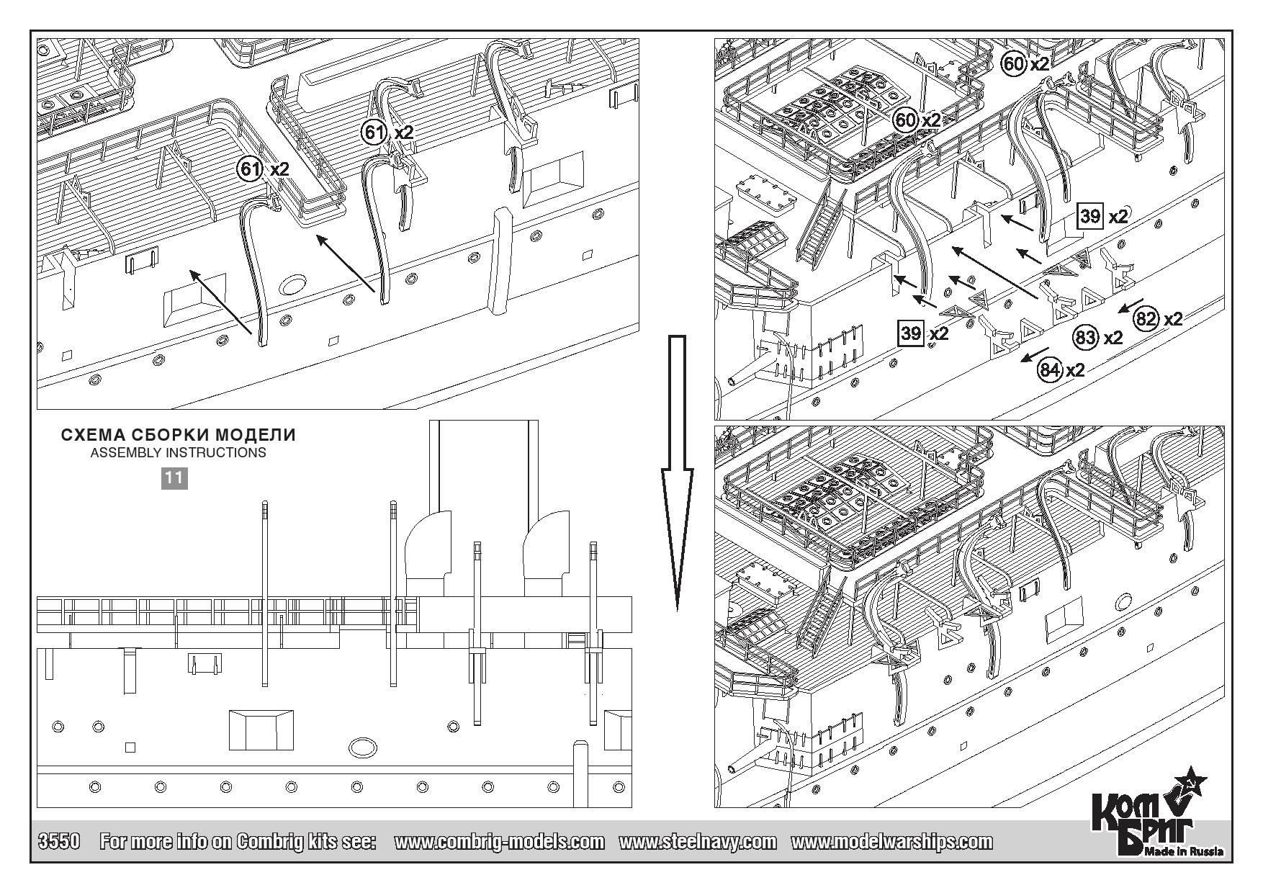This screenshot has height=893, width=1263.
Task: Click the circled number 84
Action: (1050, 371)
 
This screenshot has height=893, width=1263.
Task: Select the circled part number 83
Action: (1085, 337)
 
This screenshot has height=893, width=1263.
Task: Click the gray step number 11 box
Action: (174, 477)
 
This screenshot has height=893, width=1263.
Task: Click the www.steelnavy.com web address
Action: (698, 842)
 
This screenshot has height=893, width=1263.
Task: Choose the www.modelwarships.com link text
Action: (891, 842)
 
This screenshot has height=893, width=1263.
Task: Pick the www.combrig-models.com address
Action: (500, 842)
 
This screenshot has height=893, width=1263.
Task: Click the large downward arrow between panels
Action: (678, 472)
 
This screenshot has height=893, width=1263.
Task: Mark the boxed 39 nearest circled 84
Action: (912, 332)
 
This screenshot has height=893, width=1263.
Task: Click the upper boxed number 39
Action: (1090, 216)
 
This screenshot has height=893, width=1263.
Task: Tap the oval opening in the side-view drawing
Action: (363, 747)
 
